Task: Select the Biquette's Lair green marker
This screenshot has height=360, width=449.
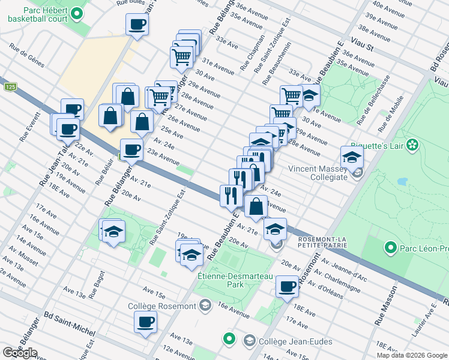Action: click(412, 145)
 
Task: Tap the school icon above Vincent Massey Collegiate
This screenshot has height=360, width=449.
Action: click(352, 157)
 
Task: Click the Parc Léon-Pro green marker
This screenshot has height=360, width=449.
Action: click(390, 247)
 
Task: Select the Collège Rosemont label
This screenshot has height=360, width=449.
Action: click(162, 306)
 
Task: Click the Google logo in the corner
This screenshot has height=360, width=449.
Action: click(20, 353)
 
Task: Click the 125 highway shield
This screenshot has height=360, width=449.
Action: click(10, 87)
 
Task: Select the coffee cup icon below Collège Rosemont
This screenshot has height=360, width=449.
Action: click(144, 323)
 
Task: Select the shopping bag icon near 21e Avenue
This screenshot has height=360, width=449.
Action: click(256, 206)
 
